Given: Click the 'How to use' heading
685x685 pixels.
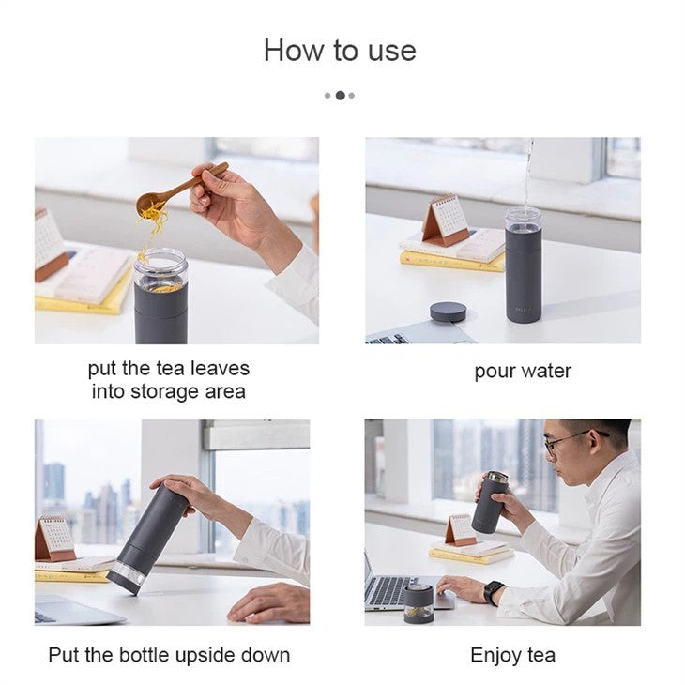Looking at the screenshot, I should coord(340,50).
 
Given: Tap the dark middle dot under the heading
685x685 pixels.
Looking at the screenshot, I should coord(340,95).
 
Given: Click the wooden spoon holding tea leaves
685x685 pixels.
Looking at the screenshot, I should coord(178,190).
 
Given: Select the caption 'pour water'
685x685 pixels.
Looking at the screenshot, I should coord(523,371).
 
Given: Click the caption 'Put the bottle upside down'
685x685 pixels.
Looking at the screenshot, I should coord(169,654).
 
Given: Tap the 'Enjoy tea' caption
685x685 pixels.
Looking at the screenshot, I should coord(512,654).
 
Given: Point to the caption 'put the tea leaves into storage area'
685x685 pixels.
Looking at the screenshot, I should coord(169,380).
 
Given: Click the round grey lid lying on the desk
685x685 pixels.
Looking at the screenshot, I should coord(448,312).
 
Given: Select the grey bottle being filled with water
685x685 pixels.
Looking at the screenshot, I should coord(524,267).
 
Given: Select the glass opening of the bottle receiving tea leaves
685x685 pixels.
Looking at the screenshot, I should coord(160,266).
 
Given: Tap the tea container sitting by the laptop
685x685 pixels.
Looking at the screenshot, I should coord(419,603).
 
